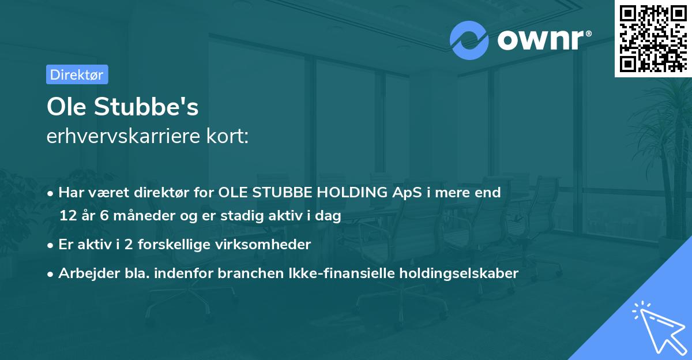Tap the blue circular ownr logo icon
(x=469, y=40)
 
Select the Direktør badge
(x=77, y=74)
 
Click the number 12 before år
(x=67, y=216)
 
